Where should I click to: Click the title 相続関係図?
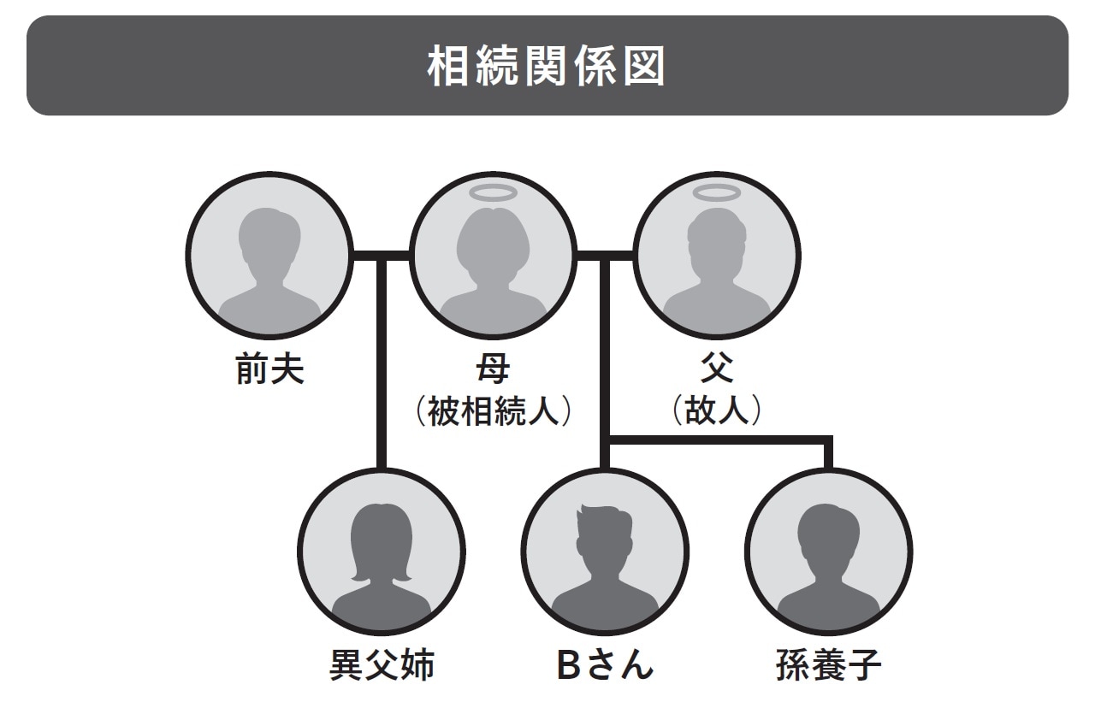(547, 68)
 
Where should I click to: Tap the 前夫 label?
(269, 369)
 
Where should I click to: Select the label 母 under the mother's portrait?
(493, 369)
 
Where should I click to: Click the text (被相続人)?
(493, 412)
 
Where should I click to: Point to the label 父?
(717, 369)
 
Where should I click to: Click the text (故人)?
(717, 412)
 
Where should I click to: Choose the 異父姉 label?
(382, 664)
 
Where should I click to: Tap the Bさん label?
(605, 664)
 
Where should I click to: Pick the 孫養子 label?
(828, 664)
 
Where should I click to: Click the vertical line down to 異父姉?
(382, 368)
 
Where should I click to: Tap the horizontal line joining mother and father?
(606, 254)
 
